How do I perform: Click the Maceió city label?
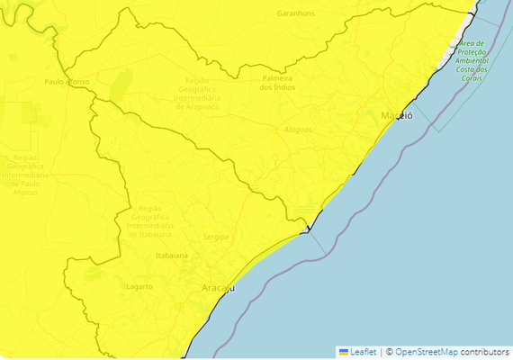tap(397, 117)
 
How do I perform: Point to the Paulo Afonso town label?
tap(67, 81)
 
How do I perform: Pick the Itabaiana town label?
tap(172, 256)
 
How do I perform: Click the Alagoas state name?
tap(298, 130)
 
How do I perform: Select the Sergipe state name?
tap(217, 236)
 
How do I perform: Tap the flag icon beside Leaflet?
tap(343, 351)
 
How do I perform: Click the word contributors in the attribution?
tap(485, 351)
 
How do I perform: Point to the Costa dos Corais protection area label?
tap(470, 60)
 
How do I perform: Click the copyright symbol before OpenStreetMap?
tap(389, 351)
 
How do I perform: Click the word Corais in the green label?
tap(470, 78)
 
